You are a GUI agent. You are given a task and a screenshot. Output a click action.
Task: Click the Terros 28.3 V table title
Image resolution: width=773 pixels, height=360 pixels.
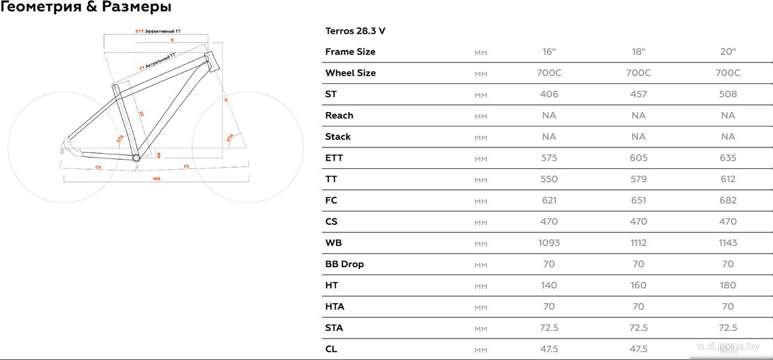pos(355,31)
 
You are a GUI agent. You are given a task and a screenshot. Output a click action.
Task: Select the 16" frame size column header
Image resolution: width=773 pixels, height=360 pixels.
pos(549,52)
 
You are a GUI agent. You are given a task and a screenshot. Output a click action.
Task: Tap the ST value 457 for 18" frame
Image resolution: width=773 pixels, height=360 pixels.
pos(638,94)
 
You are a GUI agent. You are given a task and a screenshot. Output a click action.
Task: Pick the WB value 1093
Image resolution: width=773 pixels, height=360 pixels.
pos(549,243)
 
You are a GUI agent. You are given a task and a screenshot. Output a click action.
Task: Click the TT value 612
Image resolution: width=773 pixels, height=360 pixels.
pos(728,179)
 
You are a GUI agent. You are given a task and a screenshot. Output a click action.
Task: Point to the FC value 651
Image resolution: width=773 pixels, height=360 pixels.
pos(638,200)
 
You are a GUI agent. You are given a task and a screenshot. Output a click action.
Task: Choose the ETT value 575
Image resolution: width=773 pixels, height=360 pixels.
pos(549,158)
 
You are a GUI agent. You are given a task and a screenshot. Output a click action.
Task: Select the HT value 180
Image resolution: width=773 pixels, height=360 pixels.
pos(728,285)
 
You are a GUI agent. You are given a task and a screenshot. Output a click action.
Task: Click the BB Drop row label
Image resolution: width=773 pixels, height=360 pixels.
pos(344,264)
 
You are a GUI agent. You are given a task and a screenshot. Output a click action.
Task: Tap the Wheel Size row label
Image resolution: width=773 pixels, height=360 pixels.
pos(350,73)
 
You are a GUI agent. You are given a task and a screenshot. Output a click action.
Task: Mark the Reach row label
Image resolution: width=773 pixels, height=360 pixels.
pos(339,115)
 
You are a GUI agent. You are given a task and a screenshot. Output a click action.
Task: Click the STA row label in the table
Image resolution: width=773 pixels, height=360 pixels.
pos(333,328)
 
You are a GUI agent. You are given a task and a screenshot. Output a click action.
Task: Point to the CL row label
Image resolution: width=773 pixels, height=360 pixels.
pos(331,349)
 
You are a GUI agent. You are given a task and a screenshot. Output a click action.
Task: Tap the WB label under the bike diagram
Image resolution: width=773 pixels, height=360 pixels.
pos(156,178)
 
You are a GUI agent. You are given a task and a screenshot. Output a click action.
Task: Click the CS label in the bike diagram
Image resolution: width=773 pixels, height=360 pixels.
pos(98,166)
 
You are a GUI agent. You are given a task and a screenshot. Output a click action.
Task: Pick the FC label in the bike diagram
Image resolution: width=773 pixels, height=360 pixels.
pos(187,166)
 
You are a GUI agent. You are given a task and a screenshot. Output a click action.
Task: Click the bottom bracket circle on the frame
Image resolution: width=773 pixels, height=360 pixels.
pos(136,157)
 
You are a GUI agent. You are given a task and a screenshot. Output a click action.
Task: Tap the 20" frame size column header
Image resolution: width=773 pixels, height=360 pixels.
pos(728,52)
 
